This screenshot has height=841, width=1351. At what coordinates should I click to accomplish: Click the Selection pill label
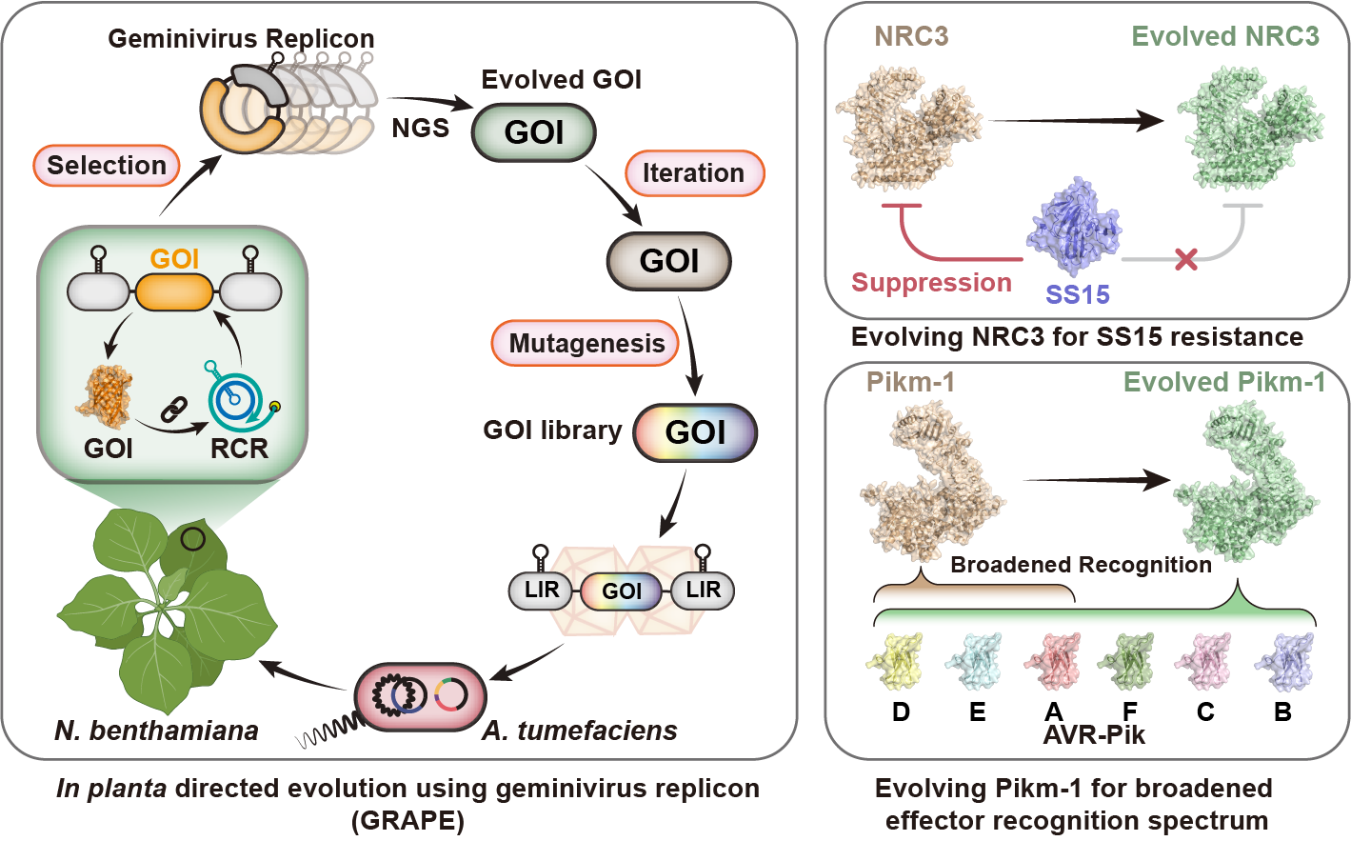tap(107, 166)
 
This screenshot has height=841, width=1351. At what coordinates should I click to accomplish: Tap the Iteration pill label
tap(693, 173)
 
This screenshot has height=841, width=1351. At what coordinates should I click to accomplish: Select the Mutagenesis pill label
tap(586, 344)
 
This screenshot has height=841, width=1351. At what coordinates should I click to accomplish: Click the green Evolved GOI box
tap(534, 132)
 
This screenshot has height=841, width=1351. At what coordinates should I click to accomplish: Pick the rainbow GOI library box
tap(695, 432)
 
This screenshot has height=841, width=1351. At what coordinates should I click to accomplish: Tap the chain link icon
tap(171, 410)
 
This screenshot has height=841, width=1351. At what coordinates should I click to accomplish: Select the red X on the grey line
tap(1185, 258)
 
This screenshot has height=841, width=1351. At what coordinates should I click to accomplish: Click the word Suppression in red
tap(931, 283)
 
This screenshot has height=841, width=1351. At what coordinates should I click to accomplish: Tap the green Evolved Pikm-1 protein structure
tap(1244, 486)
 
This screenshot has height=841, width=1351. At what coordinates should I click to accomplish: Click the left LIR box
tap(542, 591)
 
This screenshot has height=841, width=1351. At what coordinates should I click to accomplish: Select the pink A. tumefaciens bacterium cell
tap(420, 696)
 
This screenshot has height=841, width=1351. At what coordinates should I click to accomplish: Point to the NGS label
tap(420, 128)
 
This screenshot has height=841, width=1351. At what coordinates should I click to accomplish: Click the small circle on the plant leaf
tap(193, 540)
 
